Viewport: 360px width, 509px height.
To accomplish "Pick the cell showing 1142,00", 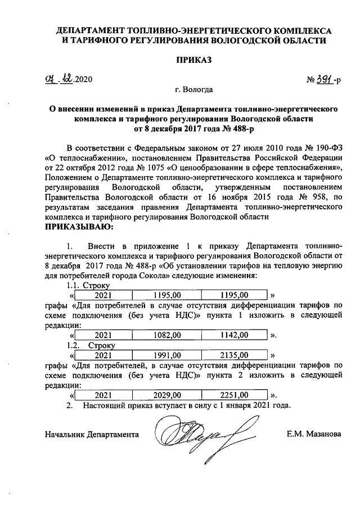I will [x=234, y=336].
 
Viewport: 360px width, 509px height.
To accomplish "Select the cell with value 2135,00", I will [x=234, y=355].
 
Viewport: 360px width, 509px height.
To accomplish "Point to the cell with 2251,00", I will [x=234, y=395].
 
